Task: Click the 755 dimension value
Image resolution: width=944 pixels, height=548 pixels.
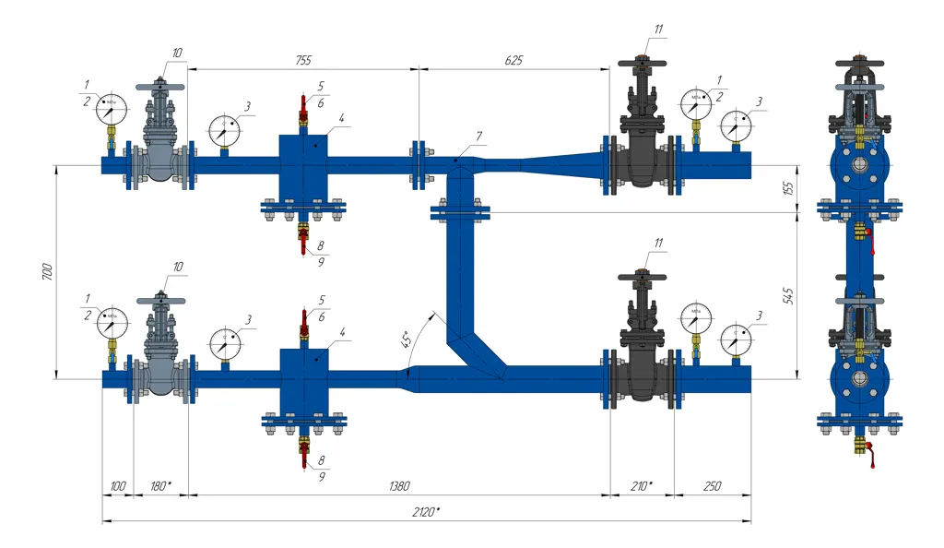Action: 302,60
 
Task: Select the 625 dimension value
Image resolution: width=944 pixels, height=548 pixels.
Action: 513,60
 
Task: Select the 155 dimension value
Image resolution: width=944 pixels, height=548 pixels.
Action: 786,188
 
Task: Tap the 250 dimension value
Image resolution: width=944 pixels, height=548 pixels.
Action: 711,486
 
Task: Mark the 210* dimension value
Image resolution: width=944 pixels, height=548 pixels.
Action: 643,486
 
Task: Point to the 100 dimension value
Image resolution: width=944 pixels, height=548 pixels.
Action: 117,486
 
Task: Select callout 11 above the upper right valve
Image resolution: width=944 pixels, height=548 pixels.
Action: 658,29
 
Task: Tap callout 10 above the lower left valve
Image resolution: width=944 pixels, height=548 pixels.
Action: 178,267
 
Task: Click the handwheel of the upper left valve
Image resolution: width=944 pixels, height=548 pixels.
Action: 159,87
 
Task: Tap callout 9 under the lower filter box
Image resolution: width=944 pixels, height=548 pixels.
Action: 322,477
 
